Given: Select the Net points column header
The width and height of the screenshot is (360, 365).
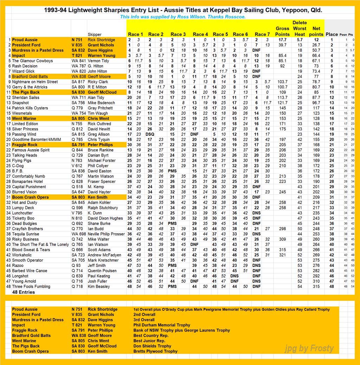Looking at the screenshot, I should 316,31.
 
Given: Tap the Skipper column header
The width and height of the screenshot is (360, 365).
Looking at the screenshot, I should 95,34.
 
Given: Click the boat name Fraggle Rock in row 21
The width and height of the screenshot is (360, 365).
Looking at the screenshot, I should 25,145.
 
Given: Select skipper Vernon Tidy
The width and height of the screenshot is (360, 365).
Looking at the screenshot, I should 98,61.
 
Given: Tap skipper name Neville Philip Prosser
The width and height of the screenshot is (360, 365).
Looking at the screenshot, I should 106,234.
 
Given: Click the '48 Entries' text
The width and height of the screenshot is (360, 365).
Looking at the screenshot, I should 24,292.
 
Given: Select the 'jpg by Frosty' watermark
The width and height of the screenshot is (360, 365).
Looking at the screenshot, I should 309,348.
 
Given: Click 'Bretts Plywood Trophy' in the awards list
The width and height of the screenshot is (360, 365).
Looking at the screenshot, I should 155,351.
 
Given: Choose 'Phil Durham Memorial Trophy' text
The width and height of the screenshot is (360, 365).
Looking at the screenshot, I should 162,325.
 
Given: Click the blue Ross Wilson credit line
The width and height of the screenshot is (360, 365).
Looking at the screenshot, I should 182,17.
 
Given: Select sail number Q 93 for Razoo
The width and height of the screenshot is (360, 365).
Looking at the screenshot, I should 76,265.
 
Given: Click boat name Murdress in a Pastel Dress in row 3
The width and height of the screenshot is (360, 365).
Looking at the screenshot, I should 38,50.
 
